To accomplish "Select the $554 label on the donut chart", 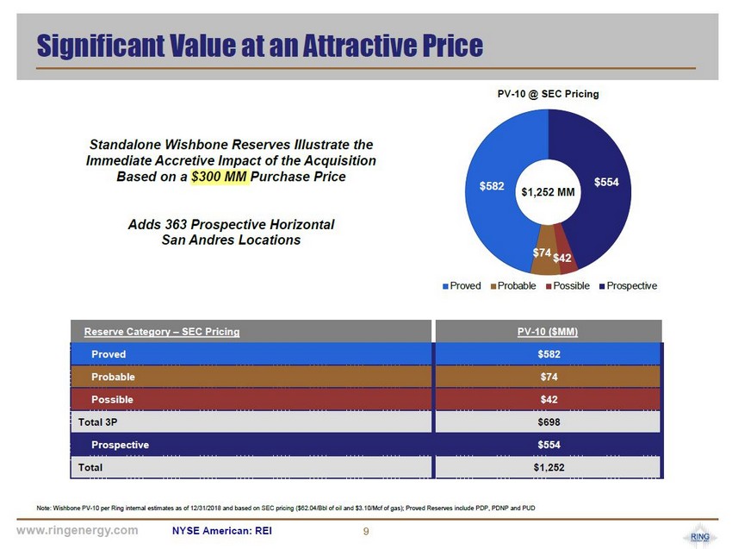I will tap(607, 182).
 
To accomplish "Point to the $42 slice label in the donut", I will tap(561, 257).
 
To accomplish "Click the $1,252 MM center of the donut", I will tap(548, 192).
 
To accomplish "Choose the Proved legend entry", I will tap(462, 285).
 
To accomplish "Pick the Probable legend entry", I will tap(513, 285).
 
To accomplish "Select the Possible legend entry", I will tap(568, 285).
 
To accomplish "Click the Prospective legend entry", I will tap(629, 285).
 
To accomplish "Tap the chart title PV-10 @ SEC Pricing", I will tap(549, 93).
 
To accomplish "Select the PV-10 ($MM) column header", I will tap(549, 331).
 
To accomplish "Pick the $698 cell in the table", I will tap(549, 422).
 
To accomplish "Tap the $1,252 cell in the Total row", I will tap(549, 467).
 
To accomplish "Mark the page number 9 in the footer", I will tap(366, 531).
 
